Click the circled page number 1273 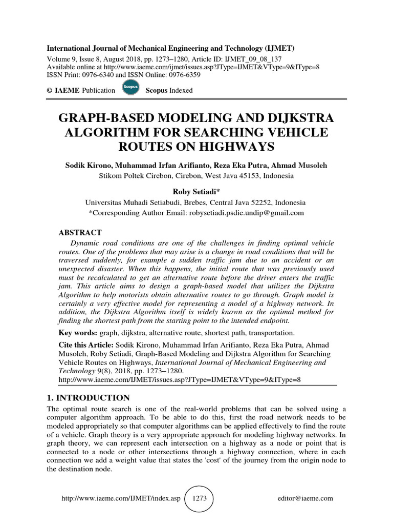coord(199,498)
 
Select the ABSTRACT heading coord(81,232)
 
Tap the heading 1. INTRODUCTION coord(88,397)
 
